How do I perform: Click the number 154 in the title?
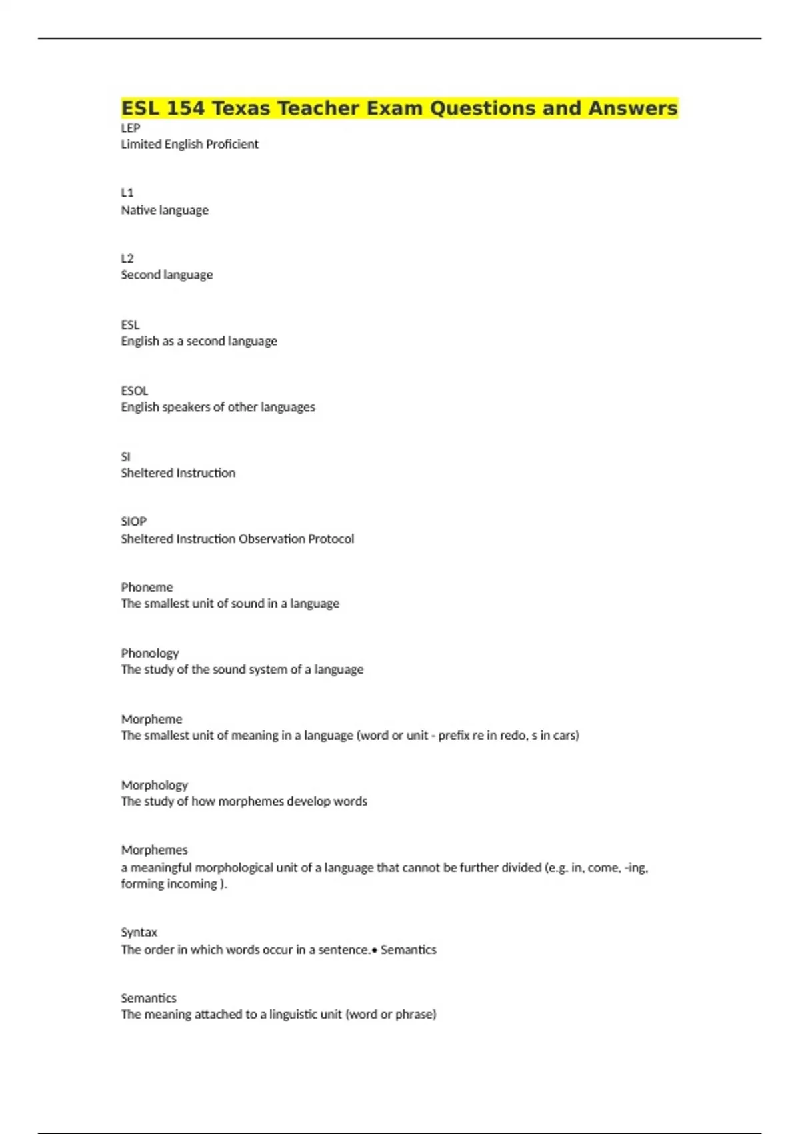[185, 108]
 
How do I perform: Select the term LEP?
[130, 127]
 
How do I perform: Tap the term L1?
[127, 193]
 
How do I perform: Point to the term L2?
[127, 258]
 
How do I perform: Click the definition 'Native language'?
[165, 210]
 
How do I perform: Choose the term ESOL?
[134, 390]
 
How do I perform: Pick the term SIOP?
[133, 521]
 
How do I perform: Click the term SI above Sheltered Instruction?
[125, 456]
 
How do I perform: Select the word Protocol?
[331, 538]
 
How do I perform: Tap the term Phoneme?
[147, 587]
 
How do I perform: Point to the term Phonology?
[150, 653]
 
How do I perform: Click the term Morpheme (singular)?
[151, 719]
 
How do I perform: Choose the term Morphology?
[154, 785]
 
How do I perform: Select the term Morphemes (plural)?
[154, 850]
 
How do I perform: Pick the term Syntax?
[139, 932]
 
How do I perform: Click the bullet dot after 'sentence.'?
[375, 949]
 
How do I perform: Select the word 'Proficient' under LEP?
[232, 144]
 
